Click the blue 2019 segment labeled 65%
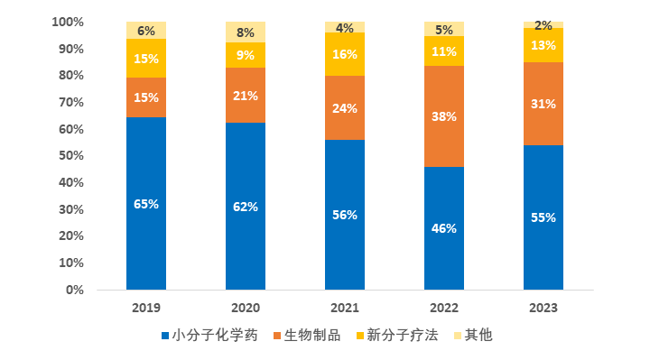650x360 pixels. pos(146,203)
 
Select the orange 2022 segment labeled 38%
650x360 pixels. pos(444,116)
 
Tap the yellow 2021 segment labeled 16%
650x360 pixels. pos(345,54)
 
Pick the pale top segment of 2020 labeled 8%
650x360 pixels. pos(246,32)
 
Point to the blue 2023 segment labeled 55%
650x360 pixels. pos(543,217)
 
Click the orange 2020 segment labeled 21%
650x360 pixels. pos(246,96)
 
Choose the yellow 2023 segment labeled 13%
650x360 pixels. pos(543,45)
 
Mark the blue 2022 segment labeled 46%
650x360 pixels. pos(444,228)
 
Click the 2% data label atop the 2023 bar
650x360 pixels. pos(543,25)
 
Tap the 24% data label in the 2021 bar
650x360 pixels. pos(345,108)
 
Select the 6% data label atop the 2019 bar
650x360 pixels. pos(146,31)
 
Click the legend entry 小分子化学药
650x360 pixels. pos(209,335)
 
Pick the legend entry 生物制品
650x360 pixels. pos(307,335)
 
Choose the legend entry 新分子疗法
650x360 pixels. pos(397,335)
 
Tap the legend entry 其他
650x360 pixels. pos(473,335)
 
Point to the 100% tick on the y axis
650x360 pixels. pos(68,22)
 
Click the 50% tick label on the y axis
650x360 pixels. pos(71,155)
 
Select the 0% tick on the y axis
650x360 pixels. pos(75,290)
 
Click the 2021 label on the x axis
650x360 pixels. pos(345,308)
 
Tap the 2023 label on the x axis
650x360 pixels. pos(543,308)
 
